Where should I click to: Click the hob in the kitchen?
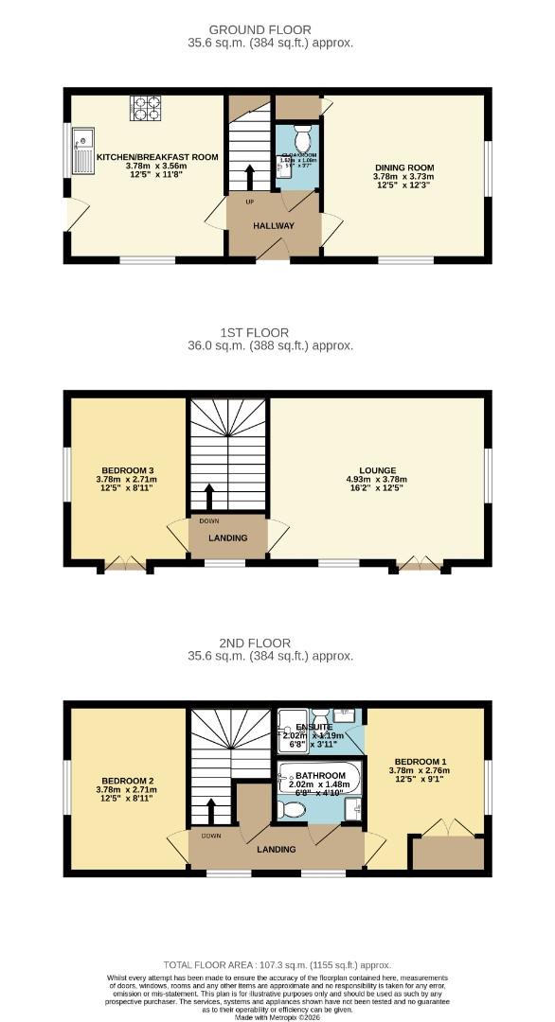[x=145, y=108]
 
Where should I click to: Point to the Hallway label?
[x=273, y=226]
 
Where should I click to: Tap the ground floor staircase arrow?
[x=250, y=176]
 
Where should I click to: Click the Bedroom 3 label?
[x=127, y=470]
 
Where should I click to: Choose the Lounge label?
[x=377, y=470]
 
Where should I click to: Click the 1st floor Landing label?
[x=227, y=538]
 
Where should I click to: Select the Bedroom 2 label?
[x=127, y=782]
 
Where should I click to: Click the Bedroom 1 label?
[x=421, y=763]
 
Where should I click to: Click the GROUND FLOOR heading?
[x=273, y=30]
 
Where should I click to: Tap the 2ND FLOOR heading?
[x=273, y=643]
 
